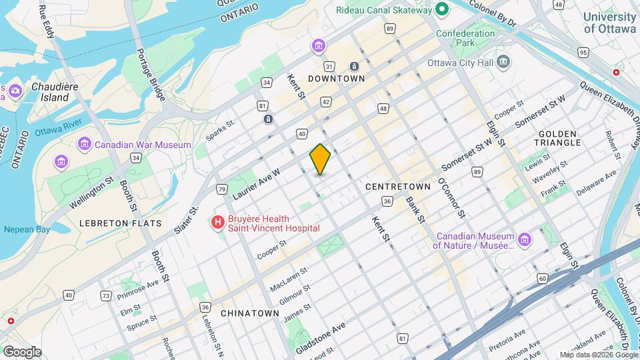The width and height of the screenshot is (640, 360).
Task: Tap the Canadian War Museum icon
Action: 85,144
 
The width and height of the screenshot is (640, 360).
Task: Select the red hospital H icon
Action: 217,223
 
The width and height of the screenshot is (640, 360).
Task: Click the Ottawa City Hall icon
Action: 504,63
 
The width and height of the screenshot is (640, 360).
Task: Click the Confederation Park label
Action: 465,39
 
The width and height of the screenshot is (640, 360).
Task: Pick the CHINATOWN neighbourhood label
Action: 249,313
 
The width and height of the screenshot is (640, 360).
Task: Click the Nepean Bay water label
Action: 27,229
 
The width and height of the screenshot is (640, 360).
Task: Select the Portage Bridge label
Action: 151,75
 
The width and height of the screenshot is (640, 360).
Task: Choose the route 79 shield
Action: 221,190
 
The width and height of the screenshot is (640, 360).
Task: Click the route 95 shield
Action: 583,53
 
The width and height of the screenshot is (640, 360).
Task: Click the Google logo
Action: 22,351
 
